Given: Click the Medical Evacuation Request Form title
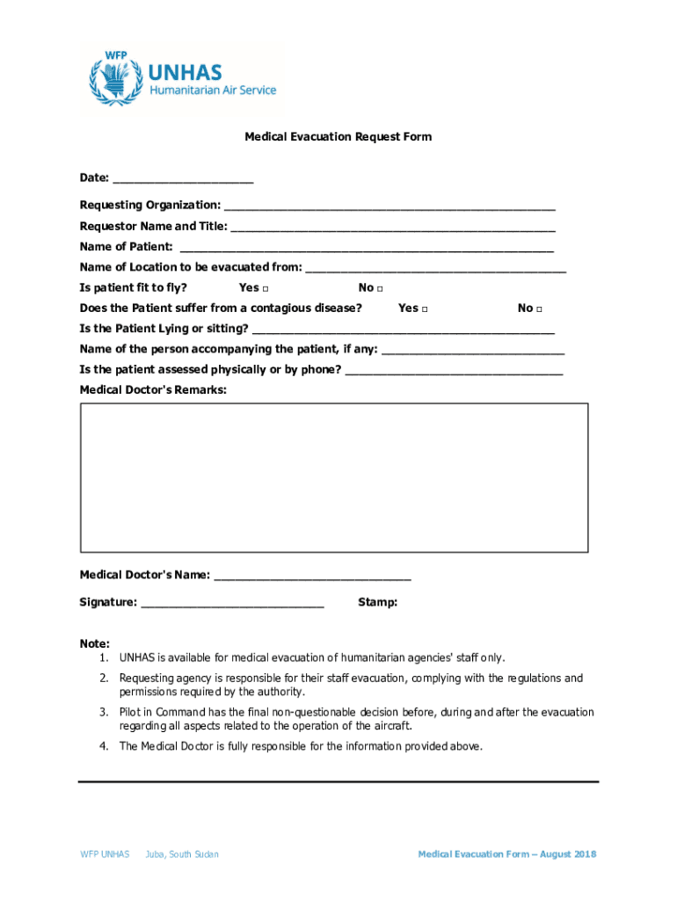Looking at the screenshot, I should (x=338, y=137).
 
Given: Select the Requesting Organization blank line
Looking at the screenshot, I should (x=389, y=207).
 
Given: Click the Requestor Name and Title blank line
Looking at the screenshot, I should (x=393, y=227).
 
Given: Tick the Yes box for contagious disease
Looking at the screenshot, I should (x=426, y=309).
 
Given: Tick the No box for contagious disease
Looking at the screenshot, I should (x=539, y=309).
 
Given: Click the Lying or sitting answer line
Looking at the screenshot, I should (x=403, y=330).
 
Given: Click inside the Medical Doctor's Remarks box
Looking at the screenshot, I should (x=333, y=477).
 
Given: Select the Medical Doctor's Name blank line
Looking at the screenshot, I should (x=312, y=577).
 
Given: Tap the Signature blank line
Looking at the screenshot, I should (x=232, y=604).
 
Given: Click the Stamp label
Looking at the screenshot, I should (x=377, y=603).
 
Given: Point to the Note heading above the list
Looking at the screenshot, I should (x=94, y=643).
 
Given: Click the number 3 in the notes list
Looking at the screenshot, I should (x=103, y=712).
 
